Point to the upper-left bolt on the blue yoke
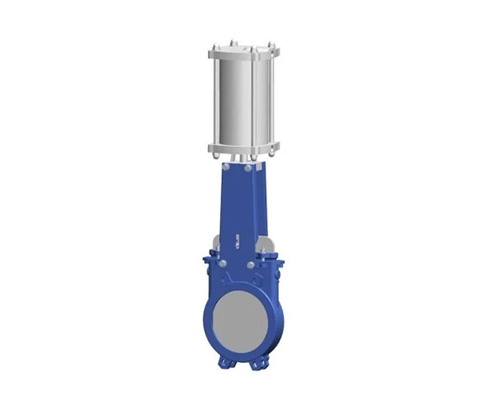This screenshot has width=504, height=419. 226,173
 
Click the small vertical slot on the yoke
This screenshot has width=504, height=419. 238,239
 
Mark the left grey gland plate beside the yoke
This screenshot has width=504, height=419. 217,244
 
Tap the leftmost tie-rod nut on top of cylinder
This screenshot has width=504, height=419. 213,44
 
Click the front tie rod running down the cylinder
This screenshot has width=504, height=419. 253,101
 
